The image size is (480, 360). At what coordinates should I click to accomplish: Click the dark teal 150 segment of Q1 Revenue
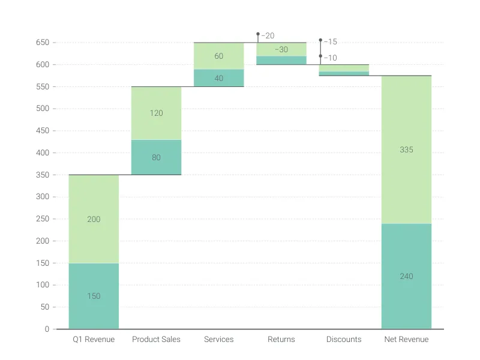click(x=94, y=296)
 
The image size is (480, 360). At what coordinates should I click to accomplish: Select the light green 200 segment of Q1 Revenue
click(x=94, y=219)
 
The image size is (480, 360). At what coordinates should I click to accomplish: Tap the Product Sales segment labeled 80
click(x=156, y=157)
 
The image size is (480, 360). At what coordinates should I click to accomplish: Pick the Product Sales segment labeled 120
click(x=156, y=113)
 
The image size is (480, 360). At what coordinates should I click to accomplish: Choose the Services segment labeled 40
click(x=218, y=78)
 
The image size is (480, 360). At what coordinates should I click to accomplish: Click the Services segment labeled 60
click(x=218, y=56)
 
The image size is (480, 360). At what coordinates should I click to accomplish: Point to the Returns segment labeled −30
click(x=281, y=49)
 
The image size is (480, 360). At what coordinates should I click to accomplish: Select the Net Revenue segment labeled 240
click(x=406, y=276)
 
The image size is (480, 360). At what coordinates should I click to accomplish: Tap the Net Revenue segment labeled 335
click(x=406, y=149)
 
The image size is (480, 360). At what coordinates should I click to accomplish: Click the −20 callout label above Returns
click(x=268, y=36)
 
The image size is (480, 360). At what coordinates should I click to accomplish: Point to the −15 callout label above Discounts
click(x=330, y=42)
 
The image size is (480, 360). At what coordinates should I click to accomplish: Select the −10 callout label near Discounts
click(x=330, y=58)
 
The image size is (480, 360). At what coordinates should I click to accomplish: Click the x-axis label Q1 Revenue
click(x=94, y=340)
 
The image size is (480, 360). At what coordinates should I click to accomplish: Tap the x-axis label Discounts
click(x=344, y=340)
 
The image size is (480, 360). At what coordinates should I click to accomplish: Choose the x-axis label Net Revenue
click(x=406, y=340)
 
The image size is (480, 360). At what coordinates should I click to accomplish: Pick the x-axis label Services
click(x=218, y=340)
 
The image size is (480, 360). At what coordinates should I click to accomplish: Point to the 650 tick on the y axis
click(x=42, y=43)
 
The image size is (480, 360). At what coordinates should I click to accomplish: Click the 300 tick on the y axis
click(x=42, y=197)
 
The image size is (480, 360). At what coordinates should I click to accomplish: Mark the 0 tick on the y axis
click(x=46, y=329)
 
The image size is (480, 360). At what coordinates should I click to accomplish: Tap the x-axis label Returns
click(x=281, y=340)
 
